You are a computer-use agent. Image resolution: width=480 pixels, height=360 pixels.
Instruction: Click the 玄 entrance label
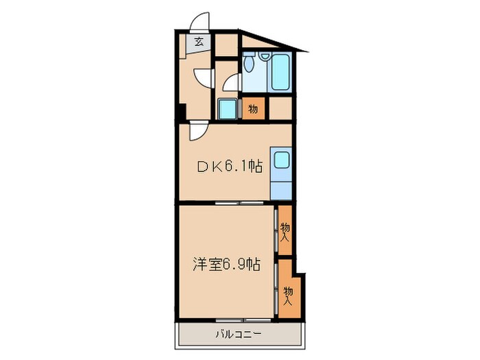point(198,42)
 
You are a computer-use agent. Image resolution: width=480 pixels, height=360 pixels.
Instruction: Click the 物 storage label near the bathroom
point(252,109)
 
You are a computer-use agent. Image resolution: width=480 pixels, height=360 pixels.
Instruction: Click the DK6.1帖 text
point(230,165)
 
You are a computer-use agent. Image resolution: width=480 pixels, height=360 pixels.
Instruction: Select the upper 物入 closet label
point(285,232)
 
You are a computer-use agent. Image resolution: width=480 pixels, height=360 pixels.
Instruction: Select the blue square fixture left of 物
point(227,109)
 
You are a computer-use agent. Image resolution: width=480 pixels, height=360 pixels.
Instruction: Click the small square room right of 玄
point(226,46)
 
